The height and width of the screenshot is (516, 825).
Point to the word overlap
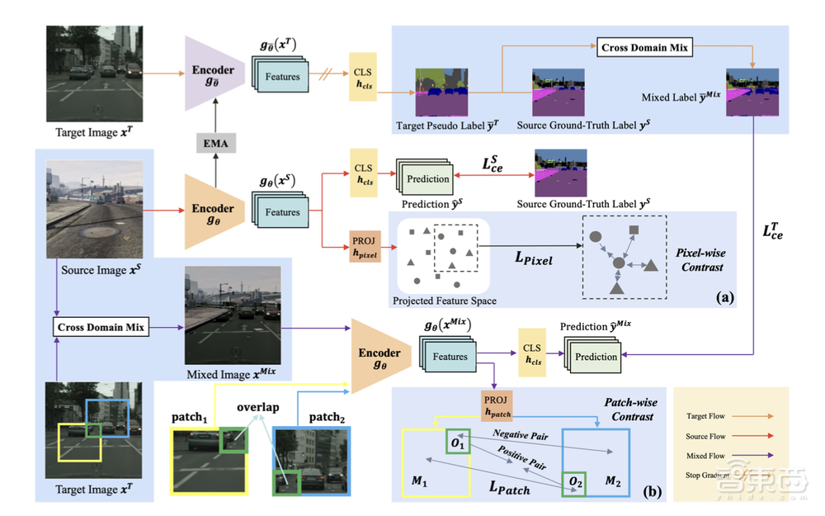click(258, 407)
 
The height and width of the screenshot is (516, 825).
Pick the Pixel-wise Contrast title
click(694, 261)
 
